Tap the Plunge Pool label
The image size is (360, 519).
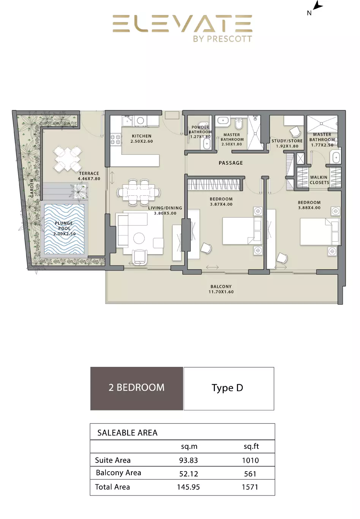tap(64, 228)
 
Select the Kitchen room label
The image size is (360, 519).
tap(142, 138)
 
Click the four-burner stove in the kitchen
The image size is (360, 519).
tap(115, 140)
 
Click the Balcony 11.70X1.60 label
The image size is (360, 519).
tap(221, 289)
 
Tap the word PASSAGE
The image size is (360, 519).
tap(231, 163)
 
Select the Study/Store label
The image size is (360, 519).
tap(287, 143)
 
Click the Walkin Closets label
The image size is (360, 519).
tap(319, 180)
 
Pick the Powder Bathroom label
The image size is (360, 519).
tap(200, 132)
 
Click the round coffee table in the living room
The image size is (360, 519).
tap(139, 238)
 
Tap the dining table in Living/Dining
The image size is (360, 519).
tap(139, 192)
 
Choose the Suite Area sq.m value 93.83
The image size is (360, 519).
tap(188, 460)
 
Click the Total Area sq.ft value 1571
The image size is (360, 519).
tap(250, 487)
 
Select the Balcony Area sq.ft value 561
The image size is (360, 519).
tap(250, 474)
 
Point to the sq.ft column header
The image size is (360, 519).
tap(251, 447)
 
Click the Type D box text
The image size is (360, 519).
tap(227, 388)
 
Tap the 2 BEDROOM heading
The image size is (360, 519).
tap(136, 387)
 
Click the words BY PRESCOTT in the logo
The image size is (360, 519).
tap(223, 39)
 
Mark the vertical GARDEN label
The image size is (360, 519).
tap(32, 188)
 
